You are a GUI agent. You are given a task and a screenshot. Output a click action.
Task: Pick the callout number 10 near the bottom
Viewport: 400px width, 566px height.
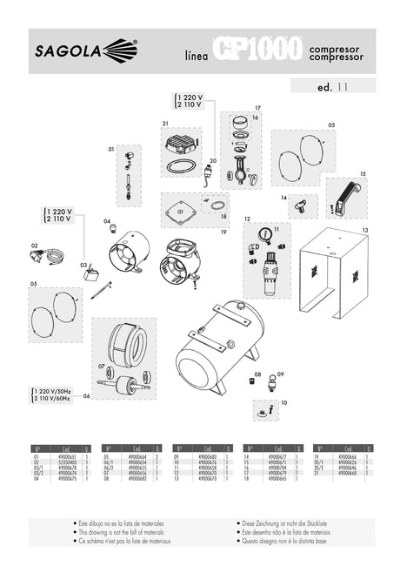pos(283,404)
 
